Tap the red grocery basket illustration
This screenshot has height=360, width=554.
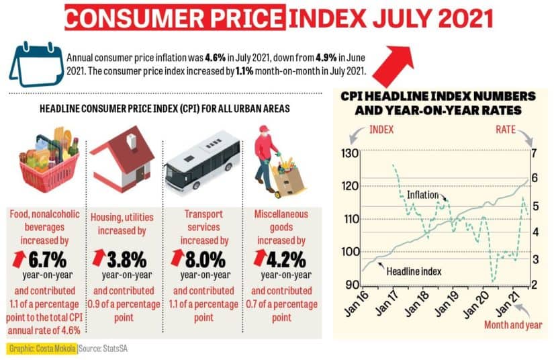48,162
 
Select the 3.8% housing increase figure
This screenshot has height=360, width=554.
126,257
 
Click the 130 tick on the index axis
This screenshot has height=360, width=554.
349,154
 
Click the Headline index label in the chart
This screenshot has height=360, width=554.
414,271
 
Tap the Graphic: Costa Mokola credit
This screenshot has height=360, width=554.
42,349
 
